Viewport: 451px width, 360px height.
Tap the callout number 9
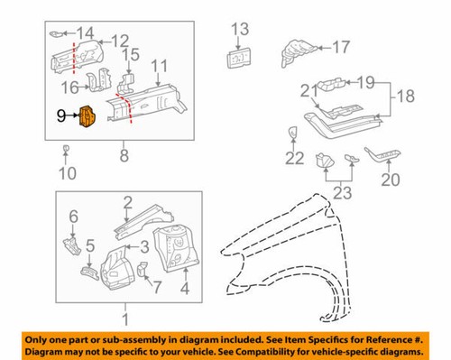60,115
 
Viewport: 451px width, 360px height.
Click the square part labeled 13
239,58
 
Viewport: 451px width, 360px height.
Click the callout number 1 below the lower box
126,318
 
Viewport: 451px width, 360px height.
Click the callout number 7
156,286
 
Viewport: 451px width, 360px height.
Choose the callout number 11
159,67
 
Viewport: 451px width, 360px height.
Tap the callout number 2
128,201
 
